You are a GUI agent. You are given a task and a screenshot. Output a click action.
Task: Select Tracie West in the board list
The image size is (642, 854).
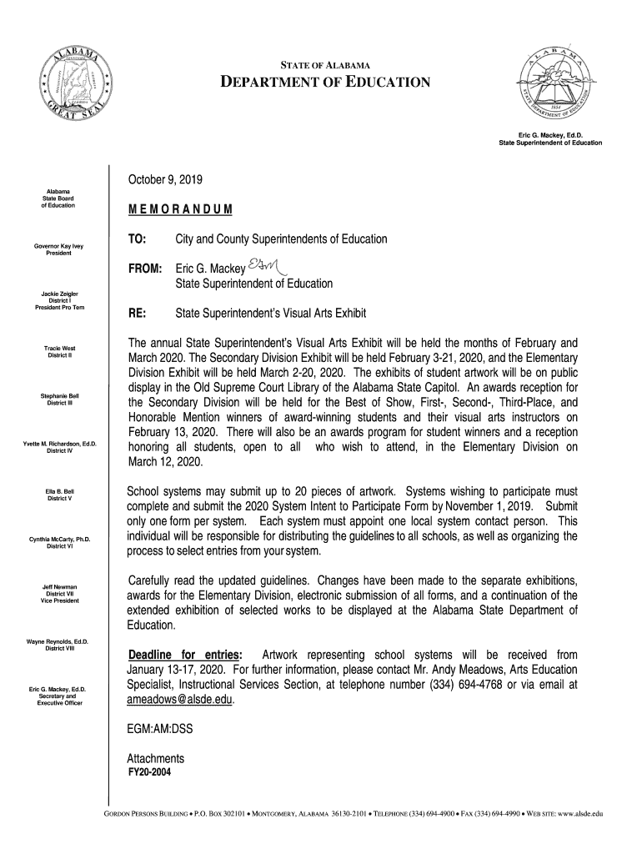[x=60, y=348]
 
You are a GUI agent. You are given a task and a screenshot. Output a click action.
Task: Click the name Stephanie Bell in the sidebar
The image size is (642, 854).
[x=60, y=395]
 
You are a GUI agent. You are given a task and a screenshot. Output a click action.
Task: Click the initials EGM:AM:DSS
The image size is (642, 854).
[x=159, y=729]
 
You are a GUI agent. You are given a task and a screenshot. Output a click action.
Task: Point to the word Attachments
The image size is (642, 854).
[x=155, y=758]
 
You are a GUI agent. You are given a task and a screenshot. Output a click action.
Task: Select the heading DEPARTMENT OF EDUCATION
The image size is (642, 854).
[x=324, y=82]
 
